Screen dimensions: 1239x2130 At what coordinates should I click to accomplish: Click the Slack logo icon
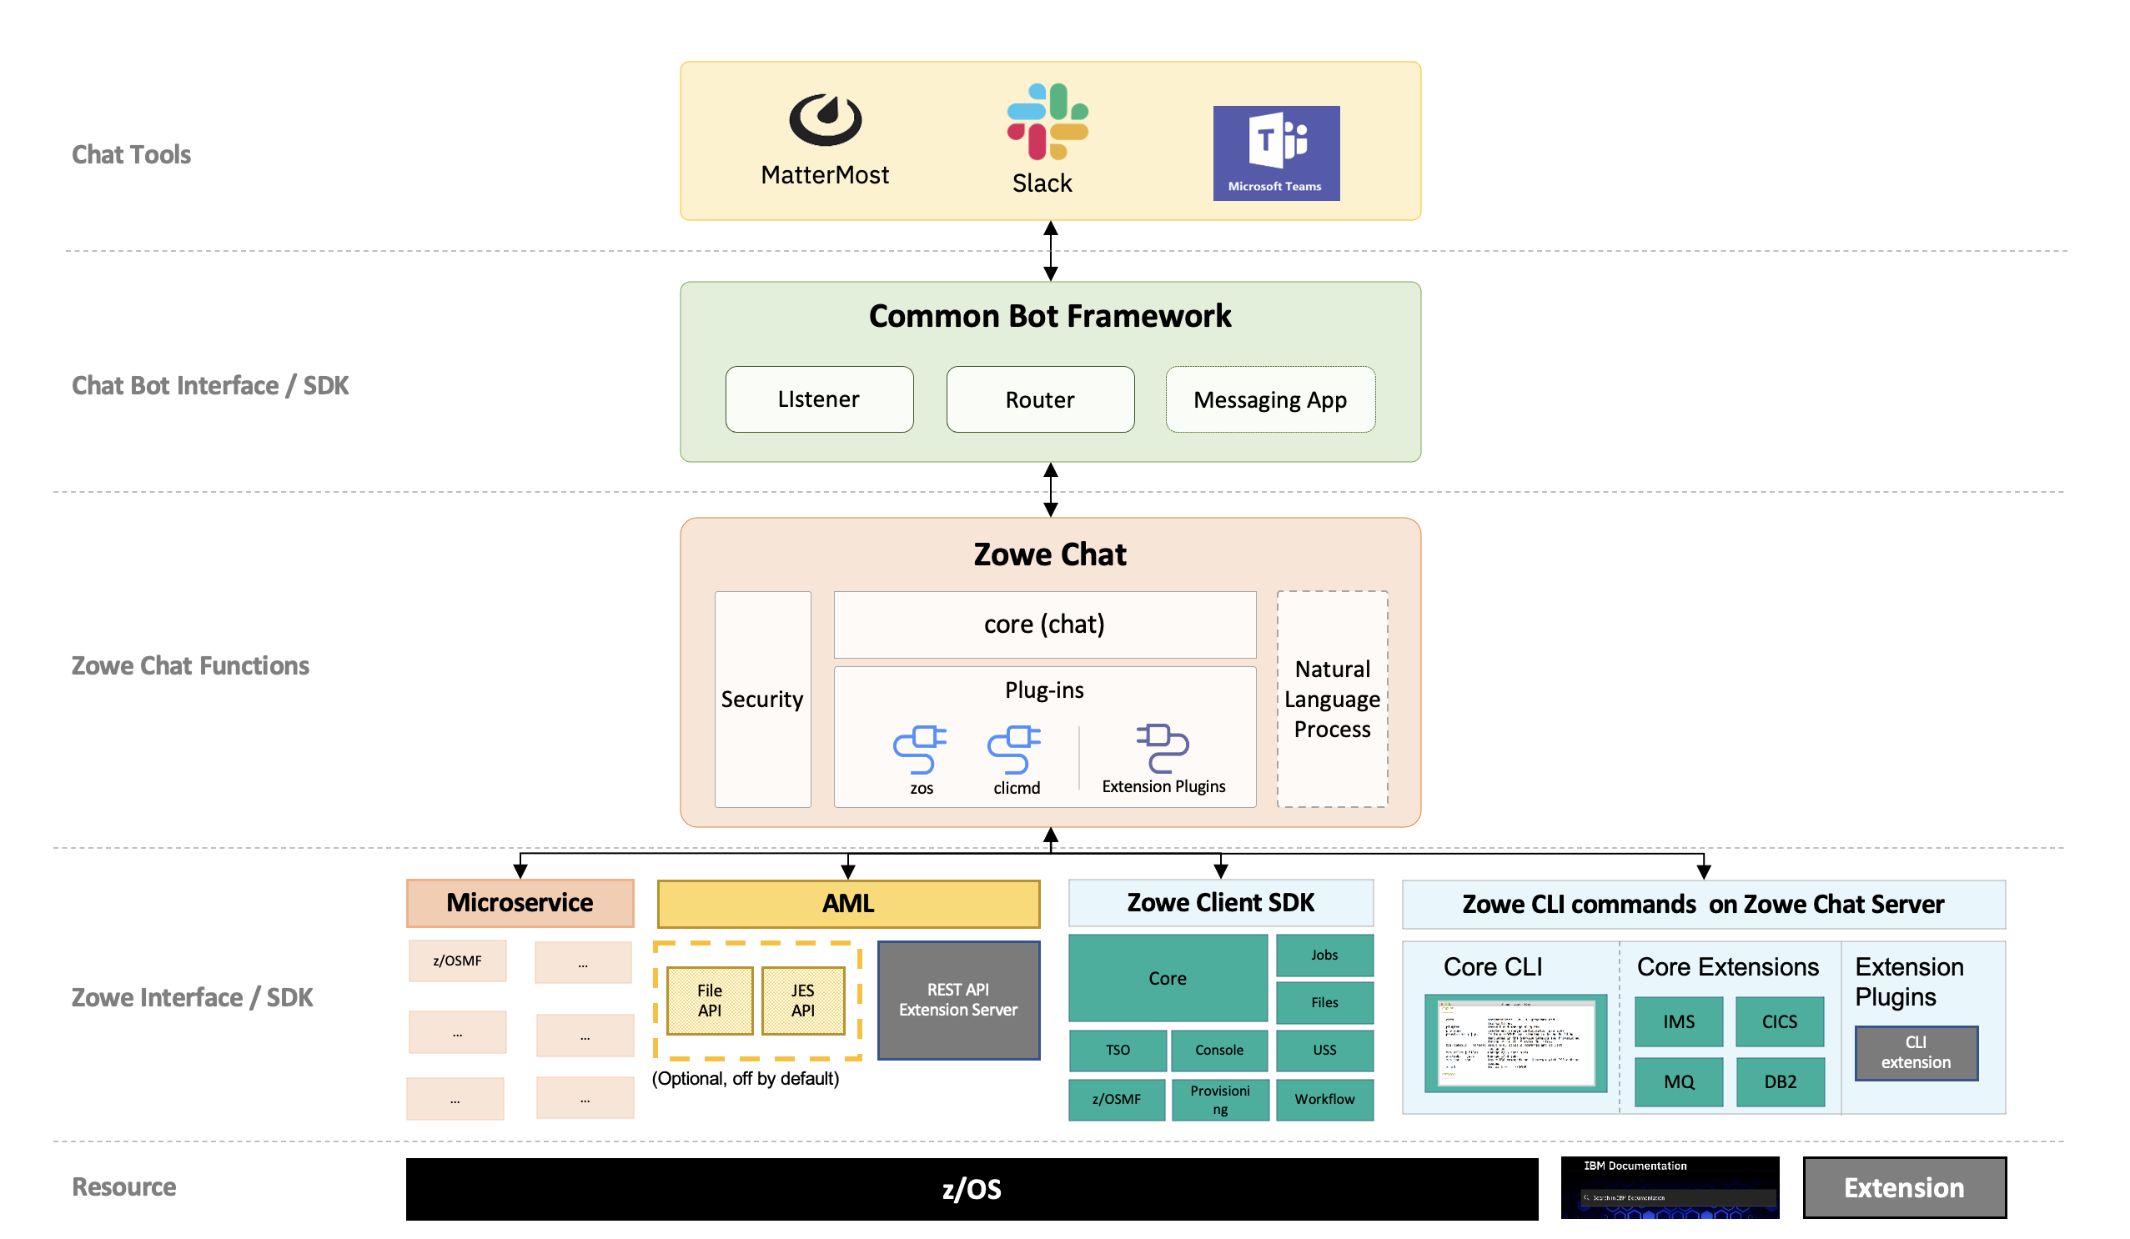point(1047,122)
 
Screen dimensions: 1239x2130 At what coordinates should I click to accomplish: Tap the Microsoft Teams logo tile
point(1276,153)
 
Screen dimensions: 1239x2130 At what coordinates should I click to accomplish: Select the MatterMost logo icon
point(825,120)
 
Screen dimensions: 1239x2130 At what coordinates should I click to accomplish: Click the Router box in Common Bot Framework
point(1041,399)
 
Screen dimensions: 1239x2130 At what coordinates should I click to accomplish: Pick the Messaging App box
point(1270,399)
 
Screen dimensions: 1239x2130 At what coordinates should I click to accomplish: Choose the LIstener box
point(819,399)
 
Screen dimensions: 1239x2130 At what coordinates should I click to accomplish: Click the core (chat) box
point(1045,625)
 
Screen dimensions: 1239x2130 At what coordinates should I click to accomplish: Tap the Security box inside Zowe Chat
point(762,699)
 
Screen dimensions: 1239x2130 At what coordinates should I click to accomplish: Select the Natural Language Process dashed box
point(1333,699)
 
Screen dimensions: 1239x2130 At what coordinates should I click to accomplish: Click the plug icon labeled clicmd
point(1014,750)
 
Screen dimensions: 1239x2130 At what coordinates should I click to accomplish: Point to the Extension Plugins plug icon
point(1163,748)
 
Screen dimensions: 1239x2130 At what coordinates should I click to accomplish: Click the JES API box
point(803,1001)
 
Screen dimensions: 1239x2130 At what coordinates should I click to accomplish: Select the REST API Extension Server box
point(958,1000)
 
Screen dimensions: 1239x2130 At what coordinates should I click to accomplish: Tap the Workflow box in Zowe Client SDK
point(1324,1100)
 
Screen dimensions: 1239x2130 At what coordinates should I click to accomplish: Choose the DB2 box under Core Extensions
point(1780,1081)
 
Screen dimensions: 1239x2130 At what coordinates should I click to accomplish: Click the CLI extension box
point(1916,1053)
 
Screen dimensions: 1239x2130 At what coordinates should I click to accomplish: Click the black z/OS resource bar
point(972,1189)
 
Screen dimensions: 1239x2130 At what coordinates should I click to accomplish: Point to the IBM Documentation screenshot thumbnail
point(1670,1187)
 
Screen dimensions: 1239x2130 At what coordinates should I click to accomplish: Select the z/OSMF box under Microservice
point(457,961)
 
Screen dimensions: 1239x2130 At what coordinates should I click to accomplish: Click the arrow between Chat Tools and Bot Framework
point(1051,251)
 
